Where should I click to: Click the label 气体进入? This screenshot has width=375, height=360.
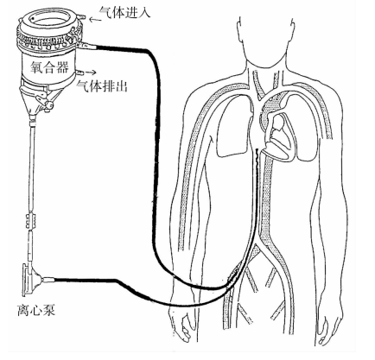pyautogui.click(x=124, y=12)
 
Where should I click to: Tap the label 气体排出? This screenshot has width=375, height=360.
pyautogui.click(x=102, y=85)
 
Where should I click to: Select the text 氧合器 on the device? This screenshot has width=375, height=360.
pyautogui.click(x=49, y=67)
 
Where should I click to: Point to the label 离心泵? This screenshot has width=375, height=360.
pyautogui.click(x=36, y=311)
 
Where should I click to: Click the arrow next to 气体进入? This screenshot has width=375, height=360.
pyautogui.click(x=95, y=19)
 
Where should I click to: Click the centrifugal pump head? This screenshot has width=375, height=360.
pyautogui.click(x=32, y=279)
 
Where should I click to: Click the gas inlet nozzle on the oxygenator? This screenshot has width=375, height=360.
pyautogui.click(x=81, y=17)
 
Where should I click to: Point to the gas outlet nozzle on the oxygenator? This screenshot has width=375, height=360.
pyautogui.click(x=79, y=72)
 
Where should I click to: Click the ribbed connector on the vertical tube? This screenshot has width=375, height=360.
pyautogui.click(x=31, y=220)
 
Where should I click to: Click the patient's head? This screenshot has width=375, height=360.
pyautogui.click(x=265, y=37)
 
